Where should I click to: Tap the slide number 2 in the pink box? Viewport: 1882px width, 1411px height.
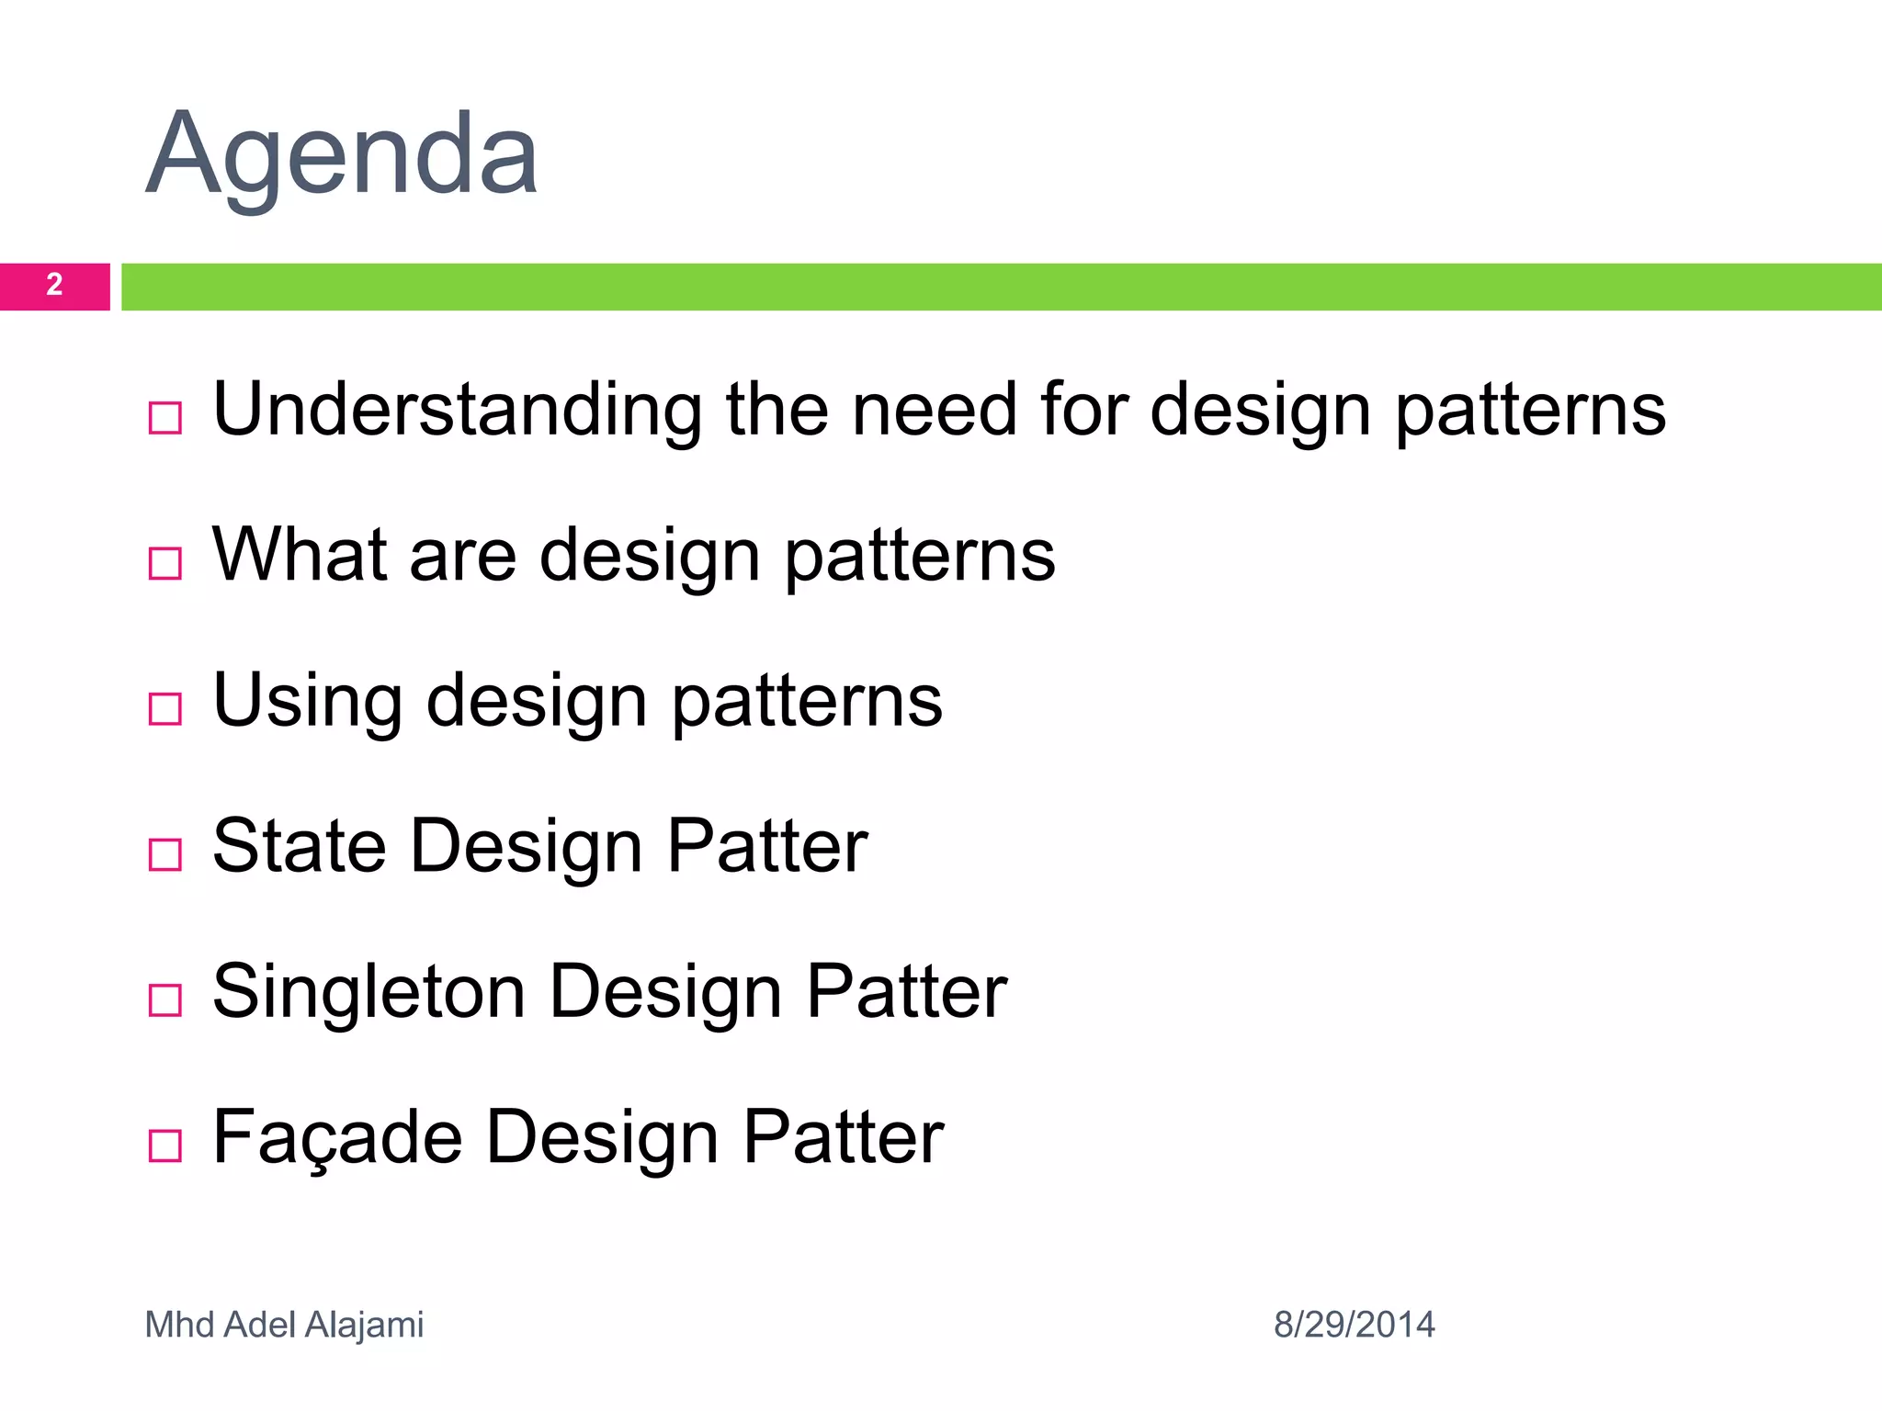point(54,285)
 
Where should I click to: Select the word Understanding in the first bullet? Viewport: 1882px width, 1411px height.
point(457,410)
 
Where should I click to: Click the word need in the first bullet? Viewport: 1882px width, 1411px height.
point(934,410)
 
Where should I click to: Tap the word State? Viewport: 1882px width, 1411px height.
point(300,846)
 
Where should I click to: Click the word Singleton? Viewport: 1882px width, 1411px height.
point(368,993)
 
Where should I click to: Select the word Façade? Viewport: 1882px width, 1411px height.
point(336,1137)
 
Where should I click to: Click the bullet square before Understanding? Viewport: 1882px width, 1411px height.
point(165,418)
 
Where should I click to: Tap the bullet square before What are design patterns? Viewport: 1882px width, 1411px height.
point(165,563)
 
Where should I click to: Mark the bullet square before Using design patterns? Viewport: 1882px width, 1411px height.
point(165,709)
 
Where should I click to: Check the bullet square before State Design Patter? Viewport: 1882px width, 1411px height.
point(165,854)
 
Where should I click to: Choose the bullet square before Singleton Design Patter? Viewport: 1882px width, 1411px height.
point(165,999)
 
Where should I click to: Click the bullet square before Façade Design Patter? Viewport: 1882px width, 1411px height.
point(165,1146)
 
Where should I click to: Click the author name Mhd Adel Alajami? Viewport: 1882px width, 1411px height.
point(284,1325)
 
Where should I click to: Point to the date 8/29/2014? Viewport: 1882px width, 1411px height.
point(1354,1325)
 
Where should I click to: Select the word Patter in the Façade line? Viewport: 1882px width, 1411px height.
point(843,1137)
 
